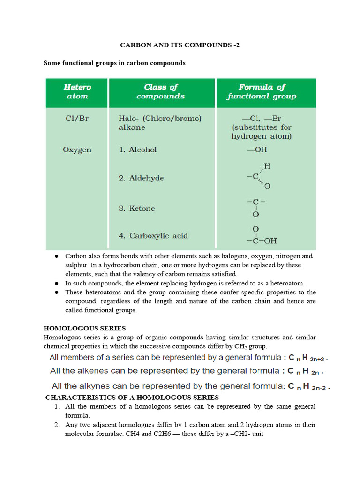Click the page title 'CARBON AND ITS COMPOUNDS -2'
point(180,45)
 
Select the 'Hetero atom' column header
point(77,92)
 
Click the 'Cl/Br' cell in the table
point(77,119)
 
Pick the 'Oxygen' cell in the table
point(77,150)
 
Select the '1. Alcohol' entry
point(137,150)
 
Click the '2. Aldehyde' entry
point(141,179)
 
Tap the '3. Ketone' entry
point(136,209)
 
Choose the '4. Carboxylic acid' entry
point(153,236)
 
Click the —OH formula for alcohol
point(256,150)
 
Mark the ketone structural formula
point(256,207)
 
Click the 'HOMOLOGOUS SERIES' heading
point(84,328)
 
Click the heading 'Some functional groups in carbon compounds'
point(114,63)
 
